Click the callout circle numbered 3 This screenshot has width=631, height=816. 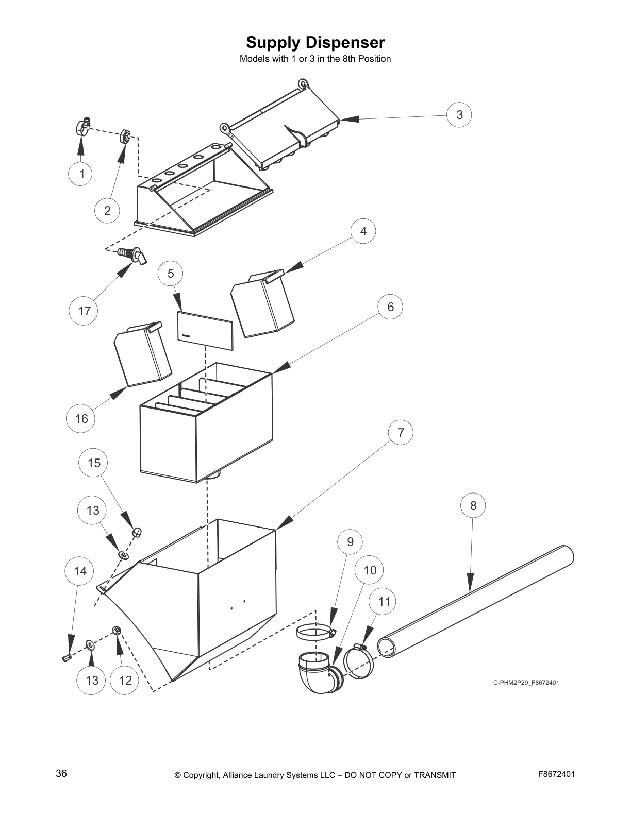coord(459,114)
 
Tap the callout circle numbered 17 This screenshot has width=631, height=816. coord(84,311)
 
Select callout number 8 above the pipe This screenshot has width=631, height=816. coord(473,505)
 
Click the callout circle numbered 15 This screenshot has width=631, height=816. coord(94,463)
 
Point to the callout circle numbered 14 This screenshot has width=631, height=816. coord(80,571)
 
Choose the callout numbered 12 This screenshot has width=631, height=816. coord(125,680)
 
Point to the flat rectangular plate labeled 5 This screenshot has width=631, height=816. coord(205,331)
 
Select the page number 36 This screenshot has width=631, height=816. coord(61,774)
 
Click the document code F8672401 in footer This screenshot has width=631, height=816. coord(556,774)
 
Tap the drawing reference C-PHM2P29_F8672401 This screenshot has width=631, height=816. coord(526,683)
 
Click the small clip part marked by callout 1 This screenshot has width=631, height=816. coord(82,126)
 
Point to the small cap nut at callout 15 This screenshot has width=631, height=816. coord(137,532)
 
